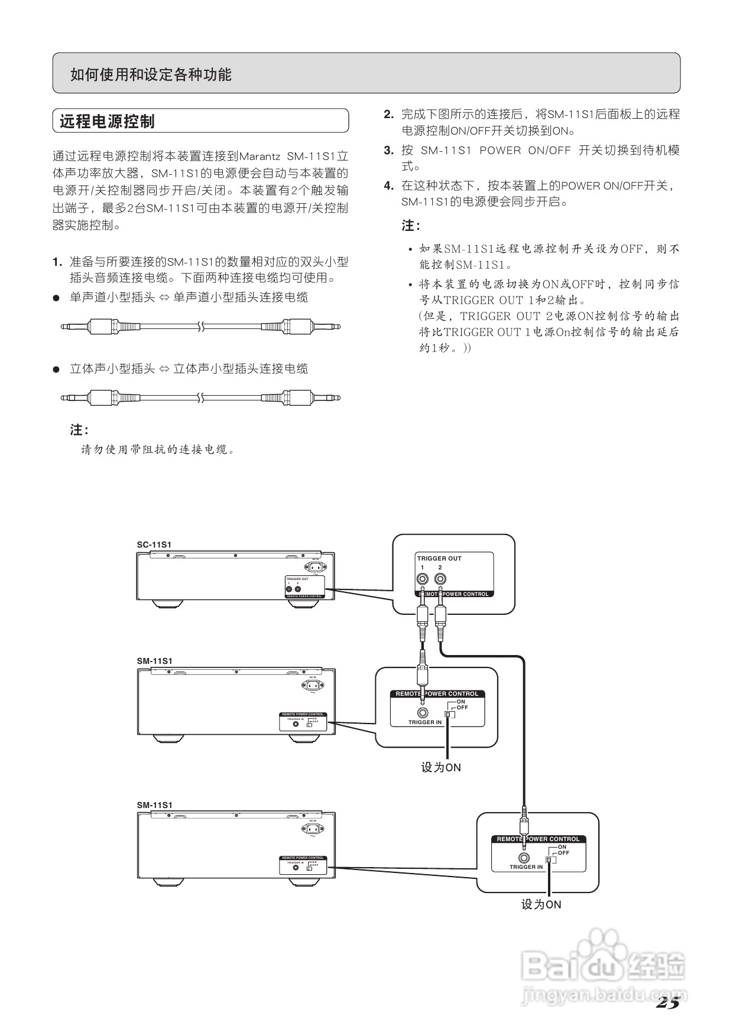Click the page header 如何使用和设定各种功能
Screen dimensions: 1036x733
click(x=151, y=74)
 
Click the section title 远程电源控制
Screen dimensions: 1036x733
click(x=107, y=122)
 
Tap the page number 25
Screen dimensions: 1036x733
click(x=667, y=1002)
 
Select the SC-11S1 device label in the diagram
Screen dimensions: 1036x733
click(x=154, y=545)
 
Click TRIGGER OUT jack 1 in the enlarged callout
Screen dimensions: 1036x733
click(x=423, y=579)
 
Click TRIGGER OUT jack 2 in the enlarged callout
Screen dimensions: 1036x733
click(x=440, y=579)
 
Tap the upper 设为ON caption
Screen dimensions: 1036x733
click(x=441, y=767)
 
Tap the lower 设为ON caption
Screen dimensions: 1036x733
click(x=541, y=904)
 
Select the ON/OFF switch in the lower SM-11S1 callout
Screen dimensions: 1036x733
click(x=550, y=859)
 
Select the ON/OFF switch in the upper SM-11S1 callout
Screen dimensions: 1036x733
click(x=449, y=714)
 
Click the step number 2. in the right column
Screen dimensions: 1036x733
click(x=388, y=115)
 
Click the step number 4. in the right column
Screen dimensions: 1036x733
click(x=388, y=186)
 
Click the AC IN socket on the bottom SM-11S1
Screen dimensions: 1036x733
click(x=313, y=829)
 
